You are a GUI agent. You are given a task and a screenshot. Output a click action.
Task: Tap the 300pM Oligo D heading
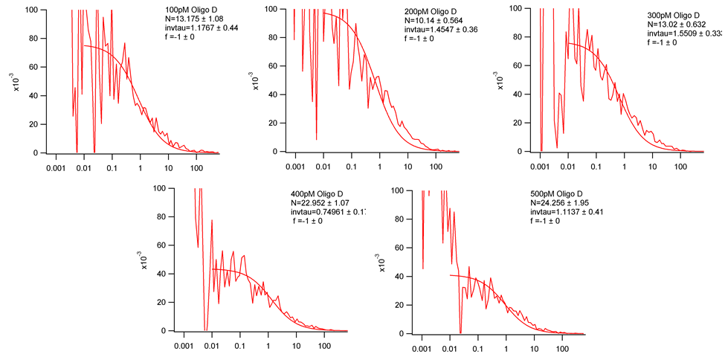tap(677, 15)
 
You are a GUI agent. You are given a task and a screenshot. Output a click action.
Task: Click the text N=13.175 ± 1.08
tap(202, 19)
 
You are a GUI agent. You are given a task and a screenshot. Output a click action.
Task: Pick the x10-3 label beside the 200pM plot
tap(256, 81)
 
